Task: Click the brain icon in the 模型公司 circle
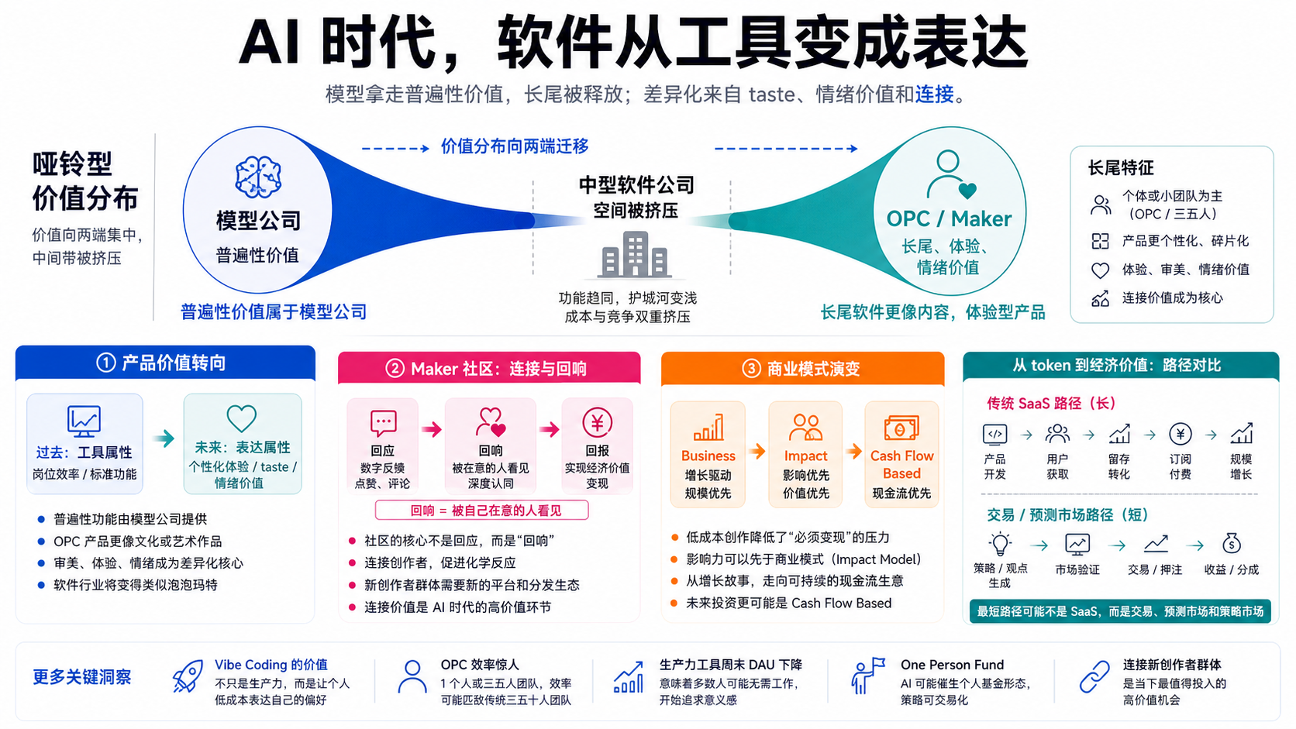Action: coord(258,177)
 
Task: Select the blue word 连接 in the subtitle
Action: coord(934,94)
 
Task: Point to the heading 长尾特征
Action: coord(1121,167)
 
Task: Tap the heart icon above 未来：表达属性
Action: coord(241,418)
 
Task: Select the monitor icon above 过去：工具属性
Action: coord(84,421)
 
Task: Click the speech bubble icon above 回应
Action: coord(383,423)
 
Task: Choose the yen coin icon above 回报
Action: coord(597,422)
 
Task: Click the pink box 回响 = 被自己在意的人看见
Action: coord(482,511)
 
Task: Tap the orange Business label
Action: coord(708,456)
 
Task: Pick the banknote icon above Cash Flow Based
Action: coord(901,428)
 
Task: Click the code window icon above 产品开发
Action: coord(994,434)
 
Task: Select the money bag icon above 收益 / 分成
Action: coord(1231,543)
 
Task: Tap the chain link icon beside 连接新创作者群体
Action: coord(1094,676)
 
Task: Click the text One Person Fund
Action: coord(952,665)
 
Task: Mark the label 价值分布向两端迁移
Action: coord(515,146)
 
